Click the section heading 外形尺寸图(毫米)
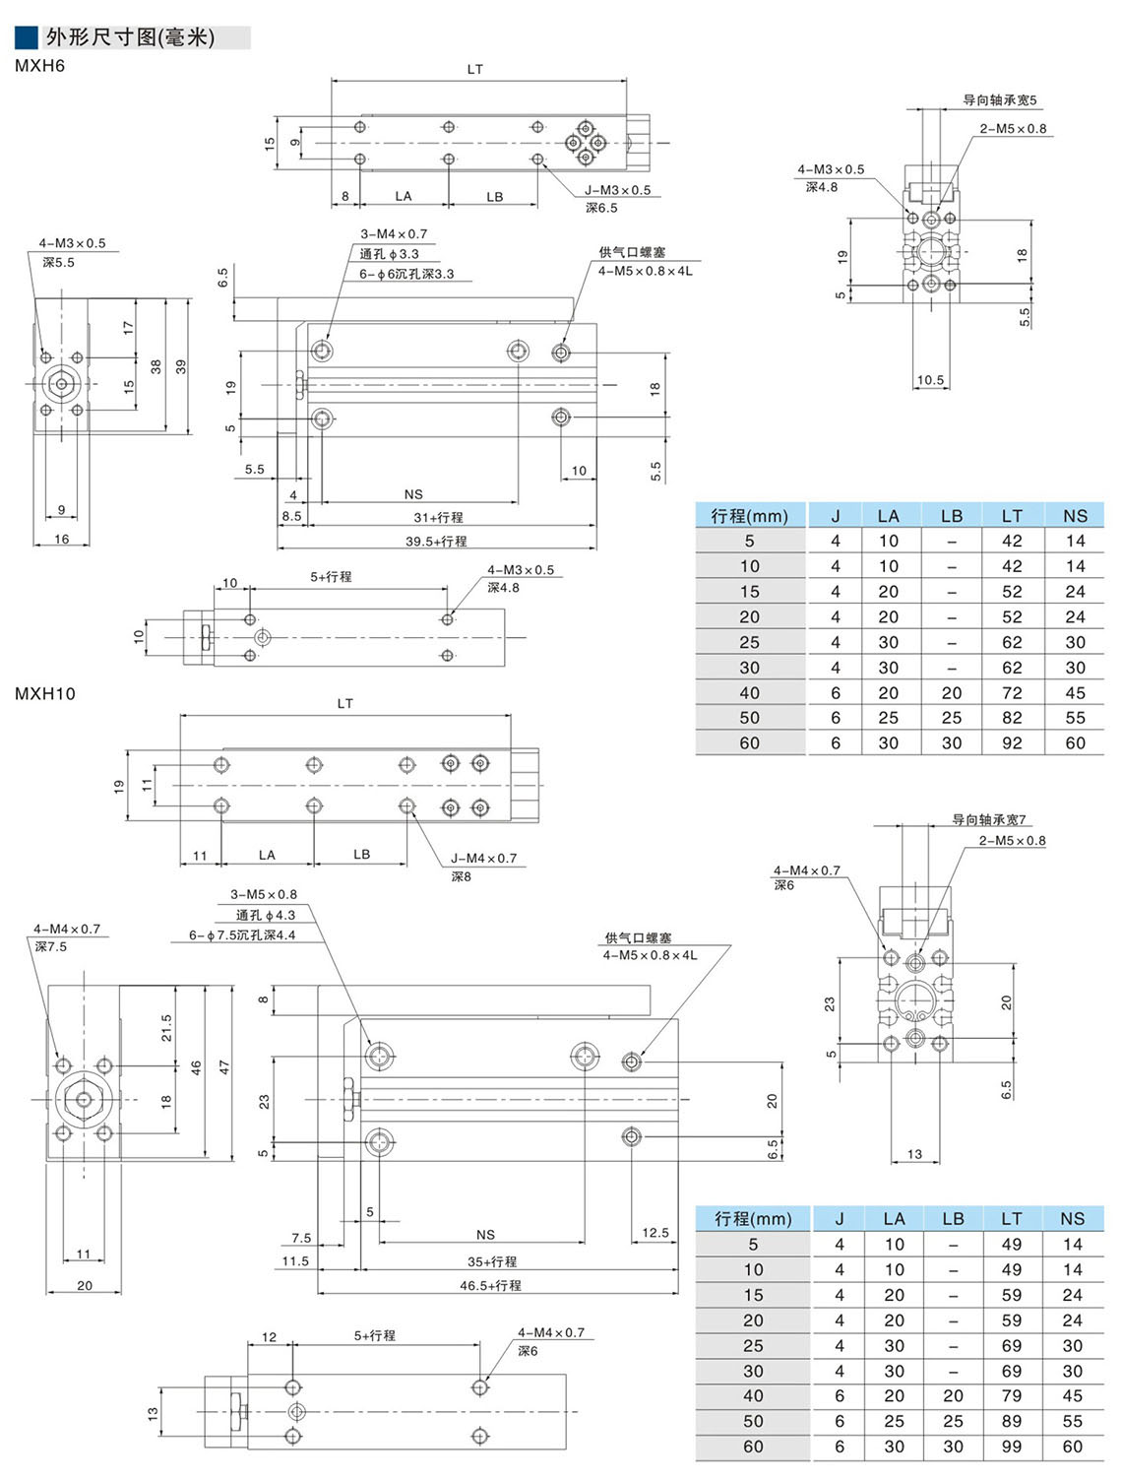point(130,37)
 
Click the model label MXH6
point(40,67)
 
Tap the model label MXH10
point(45,693)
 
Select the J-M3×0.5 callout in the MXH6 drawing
point(617,190)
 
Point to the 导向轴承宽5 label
point(999,99)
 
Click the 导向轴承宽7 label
point(988,819)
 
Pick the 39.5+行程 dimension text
point(436,541)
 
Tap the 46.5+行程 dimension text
point(490,1285)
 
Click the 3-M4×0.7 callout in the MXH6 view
point(394,234)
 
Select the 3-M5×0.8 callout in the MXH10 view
point(264,894)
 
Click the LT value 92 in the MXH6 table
point(1012,743)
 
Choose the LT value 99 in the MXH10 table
point(1012,1447)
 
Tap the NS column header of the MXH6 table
point(1075,515)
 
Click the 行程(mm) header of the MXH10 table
point(753,1218)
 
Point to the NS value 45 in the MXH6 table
point(1075,692)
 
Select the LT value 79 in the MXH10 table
point(1012,1395)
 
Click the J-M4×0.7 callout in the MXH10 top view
point(483,858)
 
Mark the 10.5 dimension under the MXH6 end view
point(930,379)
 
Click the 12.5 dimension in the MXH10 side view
point(655,1232)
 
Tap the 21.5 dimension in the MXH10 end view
point(166,1027)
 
